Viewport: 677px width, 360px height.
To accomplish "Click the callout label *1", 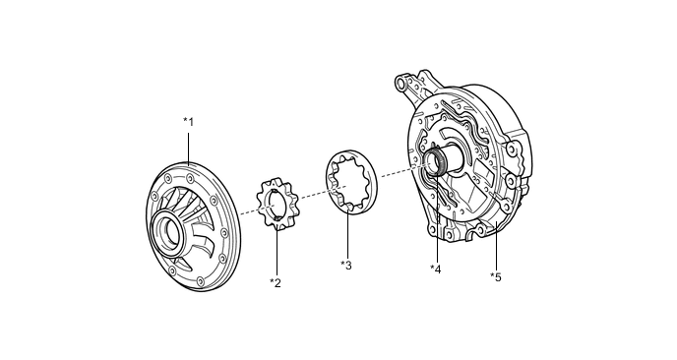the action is (x=189, y=122).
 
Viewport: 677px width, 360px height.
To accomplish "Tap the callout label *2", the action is (x=276, y=283).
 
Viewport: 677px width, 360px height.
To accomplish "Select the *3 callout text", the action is (x=346, y=265).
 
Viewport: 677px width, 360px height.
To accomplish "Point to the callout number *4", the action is (x=436, y=269).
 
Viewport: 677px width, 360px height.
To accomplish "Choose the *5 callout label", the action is (x=496, y=277).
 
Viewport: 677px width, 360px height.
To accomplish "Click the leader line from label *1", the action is (x=189, y=149).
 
